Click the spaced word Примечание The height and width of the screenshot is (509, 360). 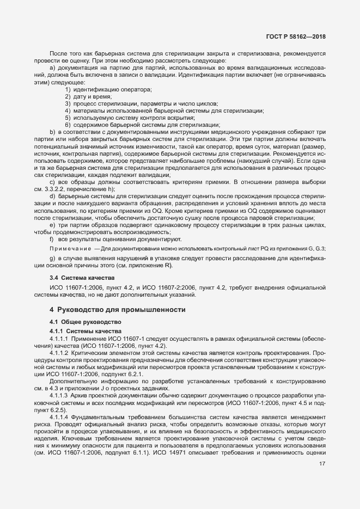tap(70, 248)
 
